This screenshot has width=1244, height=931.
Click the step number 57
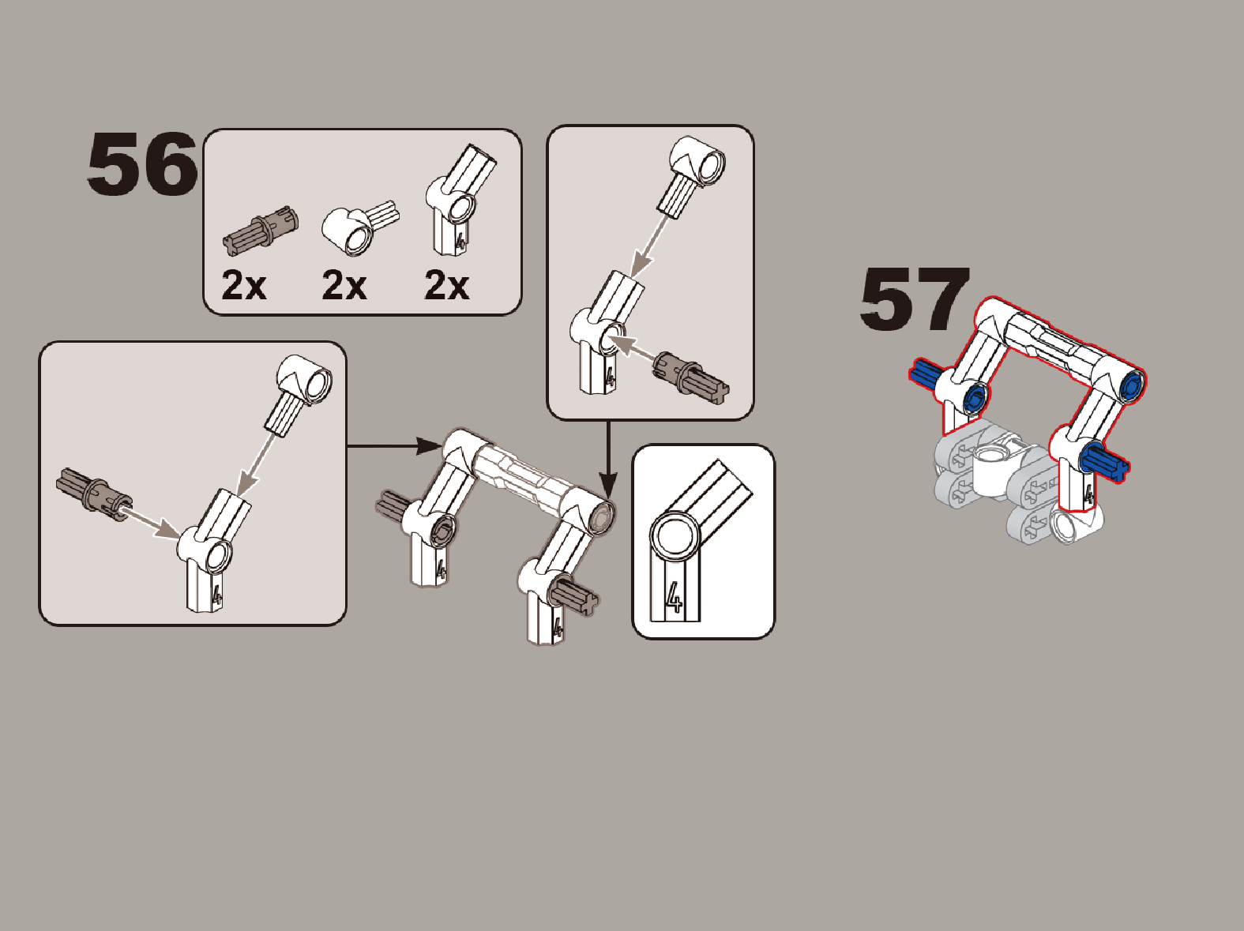tap(915, 299)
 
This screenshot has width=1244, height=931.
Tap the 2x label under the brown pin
tap(244, 285)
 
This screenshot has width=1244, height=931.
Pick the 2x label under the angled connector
tap(446, 285)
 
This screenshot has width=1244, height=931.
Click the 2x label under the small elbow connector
tap(344, 285)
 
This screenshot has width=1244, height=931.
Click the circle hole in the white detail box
tap(675, 536)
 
